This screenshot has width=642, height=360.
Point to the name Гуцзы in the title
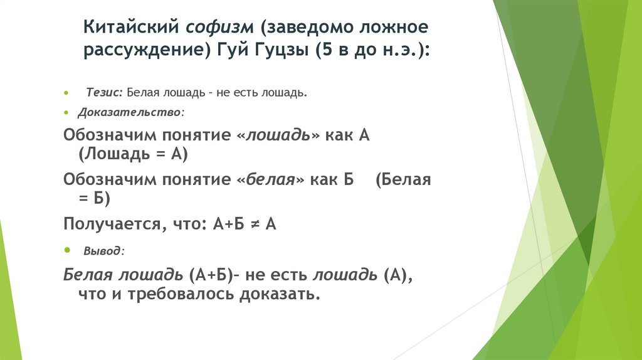tap(280, 51)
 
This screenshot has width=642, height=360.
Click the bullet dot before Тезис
tap(66, 93)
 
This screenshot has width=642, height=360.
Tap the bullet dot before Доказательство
tap(66, 113)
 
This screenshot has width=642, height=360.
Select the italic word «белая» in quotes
tap(270, 180)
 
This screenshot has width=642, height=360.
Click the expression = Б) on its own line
tap(95, 198)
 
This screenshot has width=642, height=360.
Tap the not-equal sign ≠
tap(255, 224)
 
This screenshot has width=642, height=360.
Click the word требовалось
tap(182, 294)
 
